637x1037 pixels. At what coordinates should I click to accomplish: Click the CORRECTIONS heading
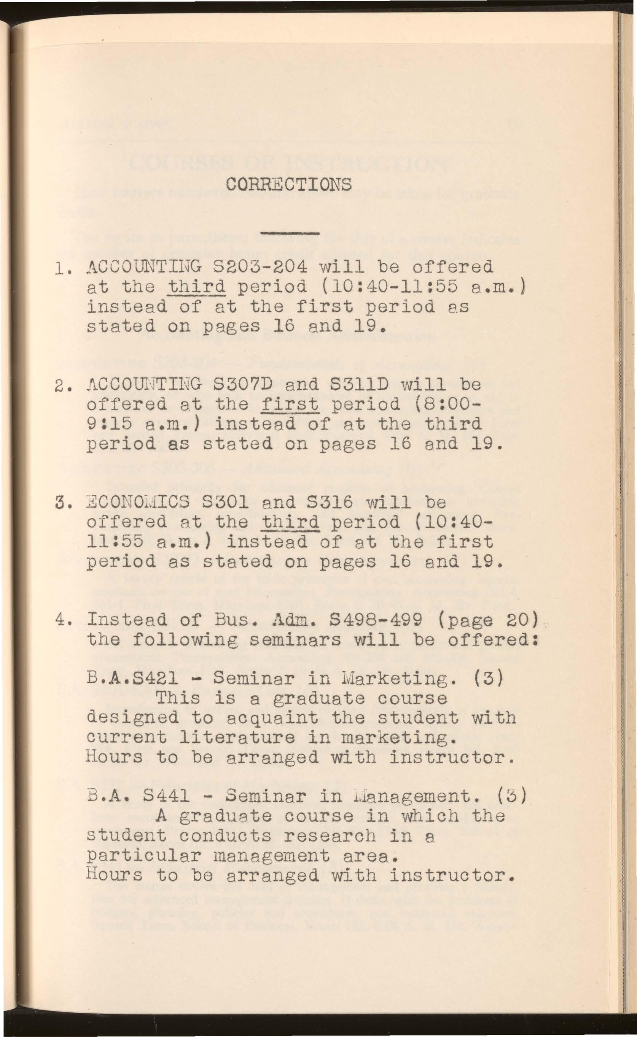click(x=288, y=184)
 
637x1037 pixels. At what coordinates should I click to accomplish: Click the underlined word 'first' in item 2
click(x=290, y=404)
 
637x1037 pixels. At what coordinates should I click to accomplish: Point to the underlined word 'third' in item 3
click(x=290, y=522)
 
